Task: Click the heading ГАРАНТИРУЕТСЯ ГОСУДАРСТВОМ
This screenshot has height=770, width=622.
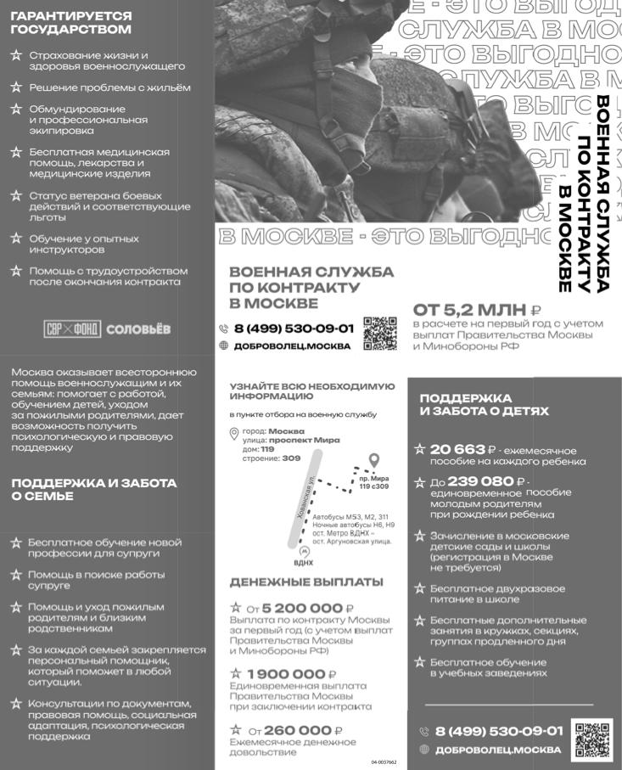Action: pyautogui.click(x=71, y=23)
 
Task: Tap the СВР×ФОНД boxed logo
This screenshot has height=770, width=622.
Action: pyautogui.click(x=71, y=329)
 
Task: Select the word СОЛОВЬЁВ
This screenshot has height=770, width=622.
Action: pyautogui.click(x=139, y=329)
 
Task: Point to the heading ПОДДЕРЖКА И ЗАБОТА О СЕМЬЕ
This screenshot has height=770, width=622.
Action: pyautogui.click(x=94, y=489)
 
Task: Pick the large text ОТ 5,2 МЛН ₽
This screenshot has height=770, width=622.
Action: pyautogui.click(x=476, y=309)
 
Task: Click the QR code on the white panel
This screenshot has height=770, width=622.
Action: pyautogui.click(x=379, y=333)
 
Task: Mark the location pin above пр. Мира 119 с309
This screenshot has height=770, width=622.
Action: pyautogui.click(x=373, y=462)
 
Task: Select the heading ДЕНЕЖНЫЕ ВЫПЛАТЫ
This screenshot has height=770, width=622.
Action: pyautogui.click(x=306, y=582)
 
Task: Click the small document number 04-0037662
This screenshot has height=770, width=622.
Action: pyautogui.click(x=384, y=762)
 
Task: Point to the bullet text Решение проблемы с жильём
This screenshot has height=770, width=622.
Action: pyautogui.click(x=109, y=87)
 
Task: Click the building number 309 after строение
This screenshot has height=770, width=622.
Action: pyautogui.click(x=291, y=458)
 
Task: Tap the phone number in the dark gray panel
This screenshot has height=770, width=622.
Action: pyautogui.click(x=499, y=731)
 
